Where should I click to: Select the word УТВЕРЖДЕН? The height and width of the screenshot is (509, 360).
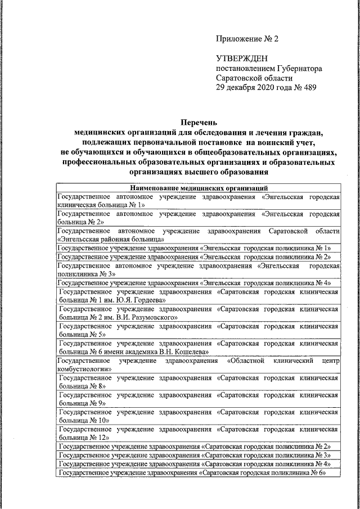coord(242,58)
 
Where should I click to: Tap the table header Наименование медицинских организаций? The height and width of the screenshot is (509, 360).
coord(199,187)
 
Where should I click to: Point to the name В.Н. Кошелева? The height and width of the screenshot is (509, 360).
coord(181,352)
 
